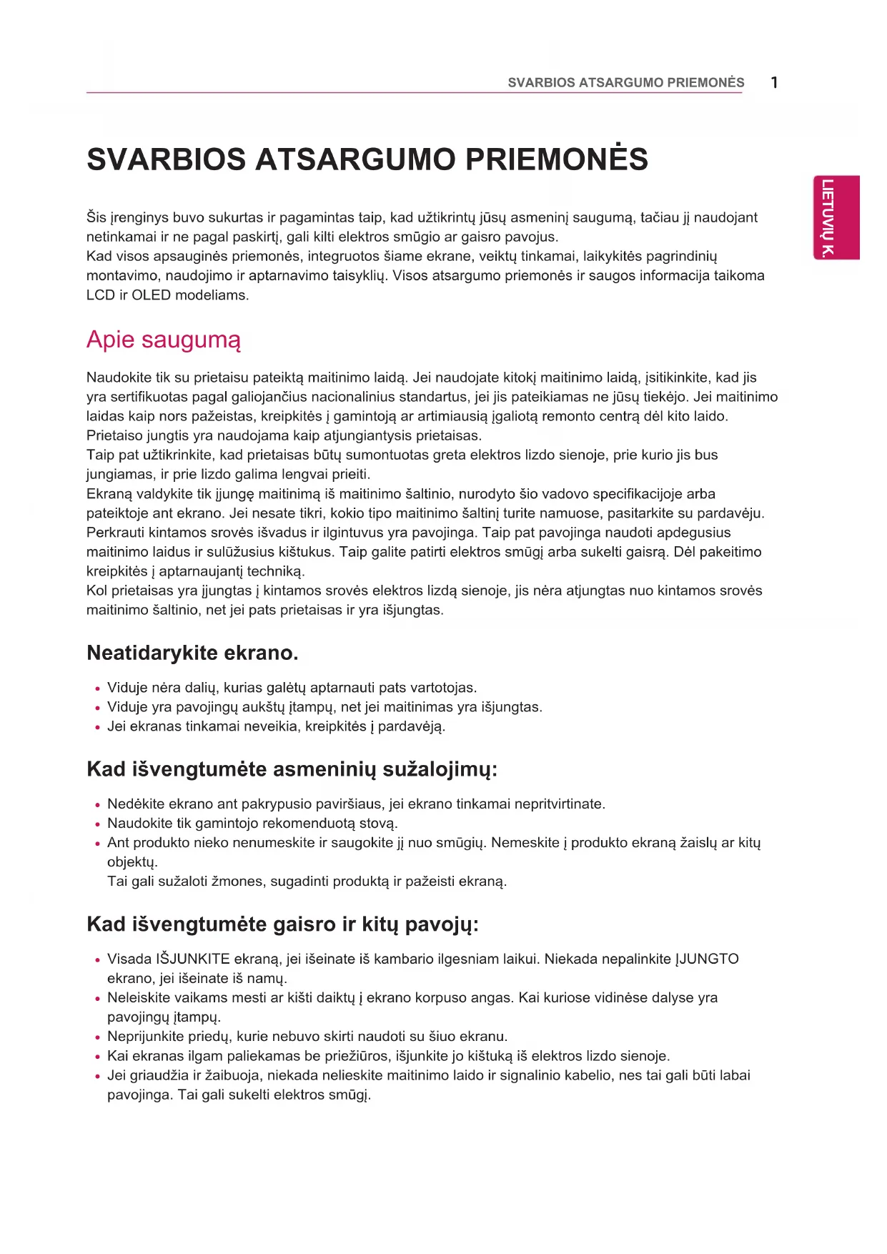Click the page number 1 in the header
pos(774,83)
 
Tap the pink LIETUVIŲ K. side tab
pos(836,217)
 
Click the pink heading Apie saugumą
pos(163,340)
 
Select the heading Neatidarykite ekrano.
pos(192,653)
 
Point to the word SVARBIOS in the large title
pos(165,159)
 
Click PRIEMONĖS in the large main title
pos(557,159)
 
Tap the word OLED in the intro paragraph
pos(152,295)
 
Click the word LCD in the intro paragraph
pos(100,295)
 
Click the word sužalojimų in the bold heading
pos(440,769)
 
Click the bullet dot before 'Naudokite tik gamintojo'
pos(97,824)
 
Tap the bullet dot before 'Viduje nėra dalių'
pos(97,689)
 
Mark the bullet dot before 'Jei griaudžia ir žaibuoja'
pos(97,1077)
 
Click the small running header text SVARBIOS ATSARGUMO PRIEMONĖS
pos(625,83)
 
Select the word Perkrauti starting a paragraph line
pos(115,533)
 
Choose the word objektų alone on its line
pos(132,862)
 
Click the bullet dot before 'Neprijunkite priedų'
pos(97,1037)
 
